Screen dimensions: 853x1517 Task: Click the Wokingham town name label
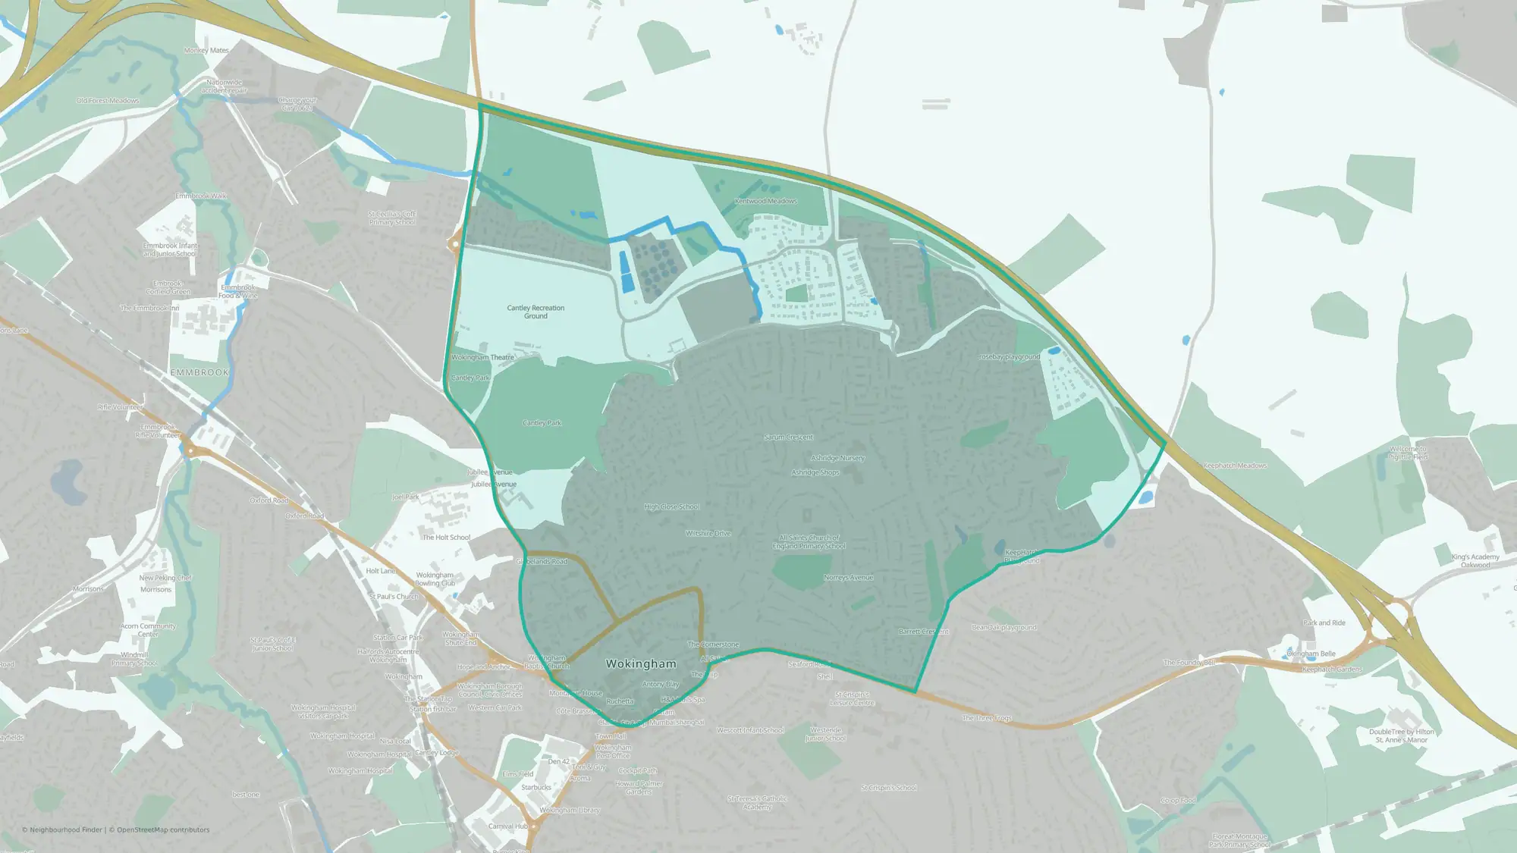[641, 663]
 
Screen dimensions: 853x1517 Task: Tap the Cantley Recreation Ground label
[536, 312]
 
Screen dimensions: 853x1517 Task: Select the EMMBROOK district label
[199, 372]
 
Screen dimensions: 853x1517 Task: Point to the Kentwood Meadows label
[765, 202]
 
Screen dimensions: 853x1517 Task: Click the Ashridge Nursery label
[837, 458]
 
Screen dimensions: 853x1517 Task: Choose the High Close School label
[671, 506]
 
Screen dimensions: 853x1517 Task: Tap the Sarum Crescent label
[788, 437]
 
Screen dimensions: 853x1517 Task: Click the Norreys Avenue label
[848, 578]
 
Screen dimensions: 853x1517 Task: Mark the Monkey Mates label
[206, 51]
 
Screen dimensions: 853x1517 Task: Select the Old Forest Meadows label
[108, 101]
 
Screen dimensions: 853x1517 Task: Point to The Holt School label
[446, 538]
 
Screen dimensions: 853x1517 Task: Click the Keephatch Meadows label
[1234, 466]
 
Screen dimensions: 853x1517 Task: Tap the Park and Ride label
[1324, 623]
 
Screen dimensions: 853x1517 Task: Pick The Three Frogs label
[986, 718]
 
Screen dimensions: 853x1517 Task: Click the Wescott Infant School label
[750, 731]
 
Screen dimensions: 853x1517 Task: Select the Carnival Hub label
[507, 826]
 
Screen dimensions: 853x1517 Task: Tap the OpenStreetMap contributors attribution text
[163, 829]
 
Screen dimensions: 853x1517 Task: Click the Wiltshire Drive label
[708, 533]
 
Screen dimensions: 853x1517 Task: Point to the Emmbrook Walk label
[201, 196]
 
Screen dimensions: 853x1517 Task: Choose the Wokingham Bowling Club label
[435, 579]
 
